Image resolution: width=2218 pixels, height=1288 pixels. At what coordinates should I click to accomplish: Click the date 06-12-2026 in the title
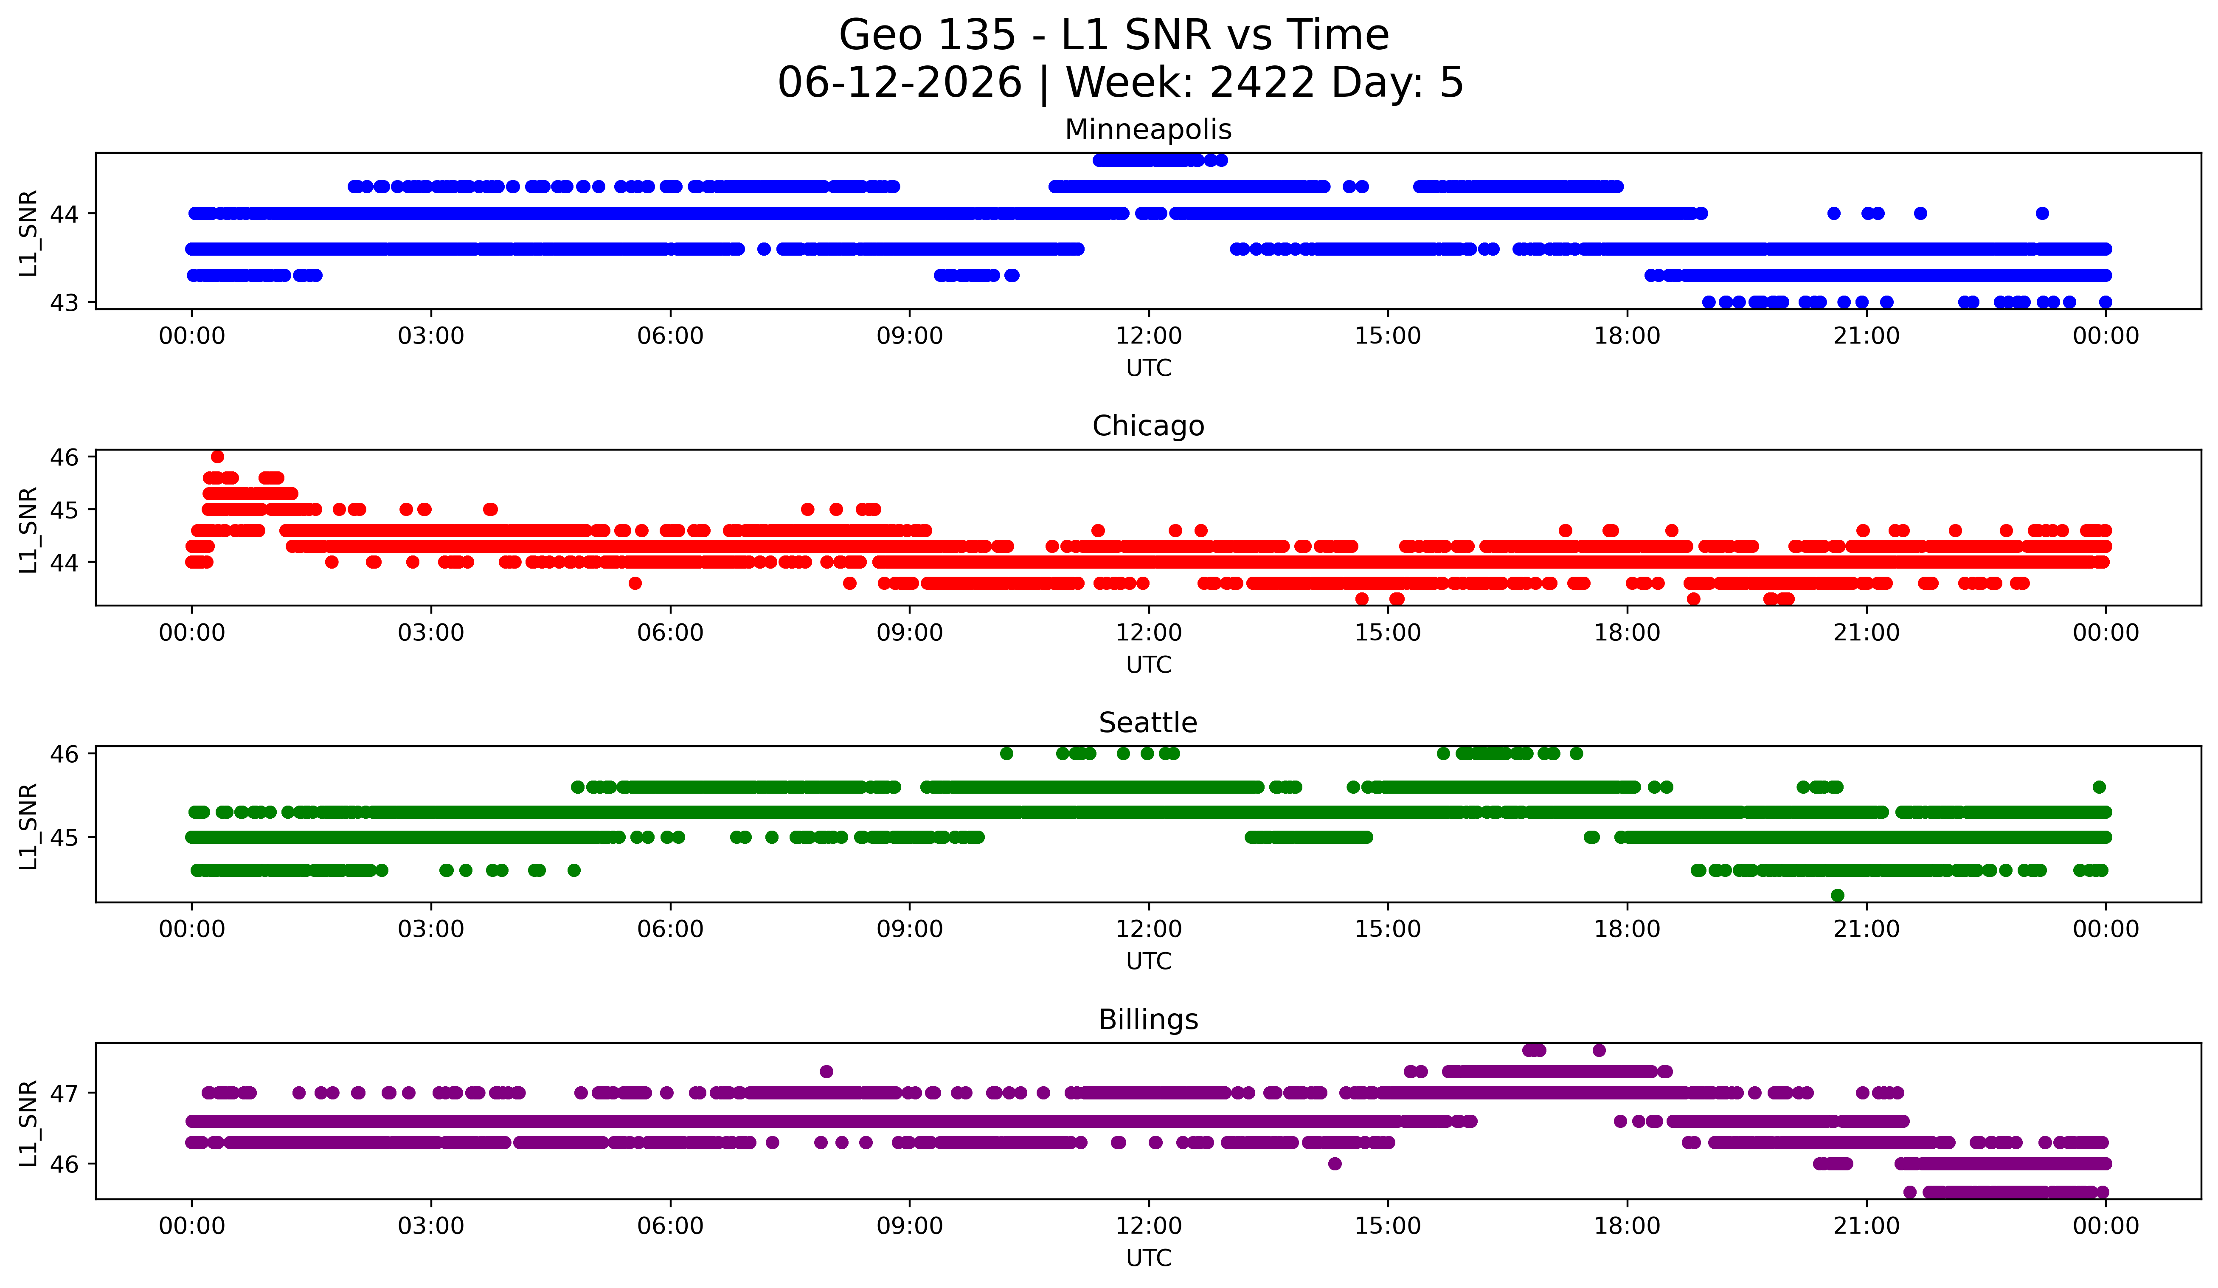(900, 83)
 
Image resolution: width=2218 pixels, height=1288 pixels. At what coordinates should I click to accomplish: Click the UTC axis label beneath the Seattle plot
(1149, 961)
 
